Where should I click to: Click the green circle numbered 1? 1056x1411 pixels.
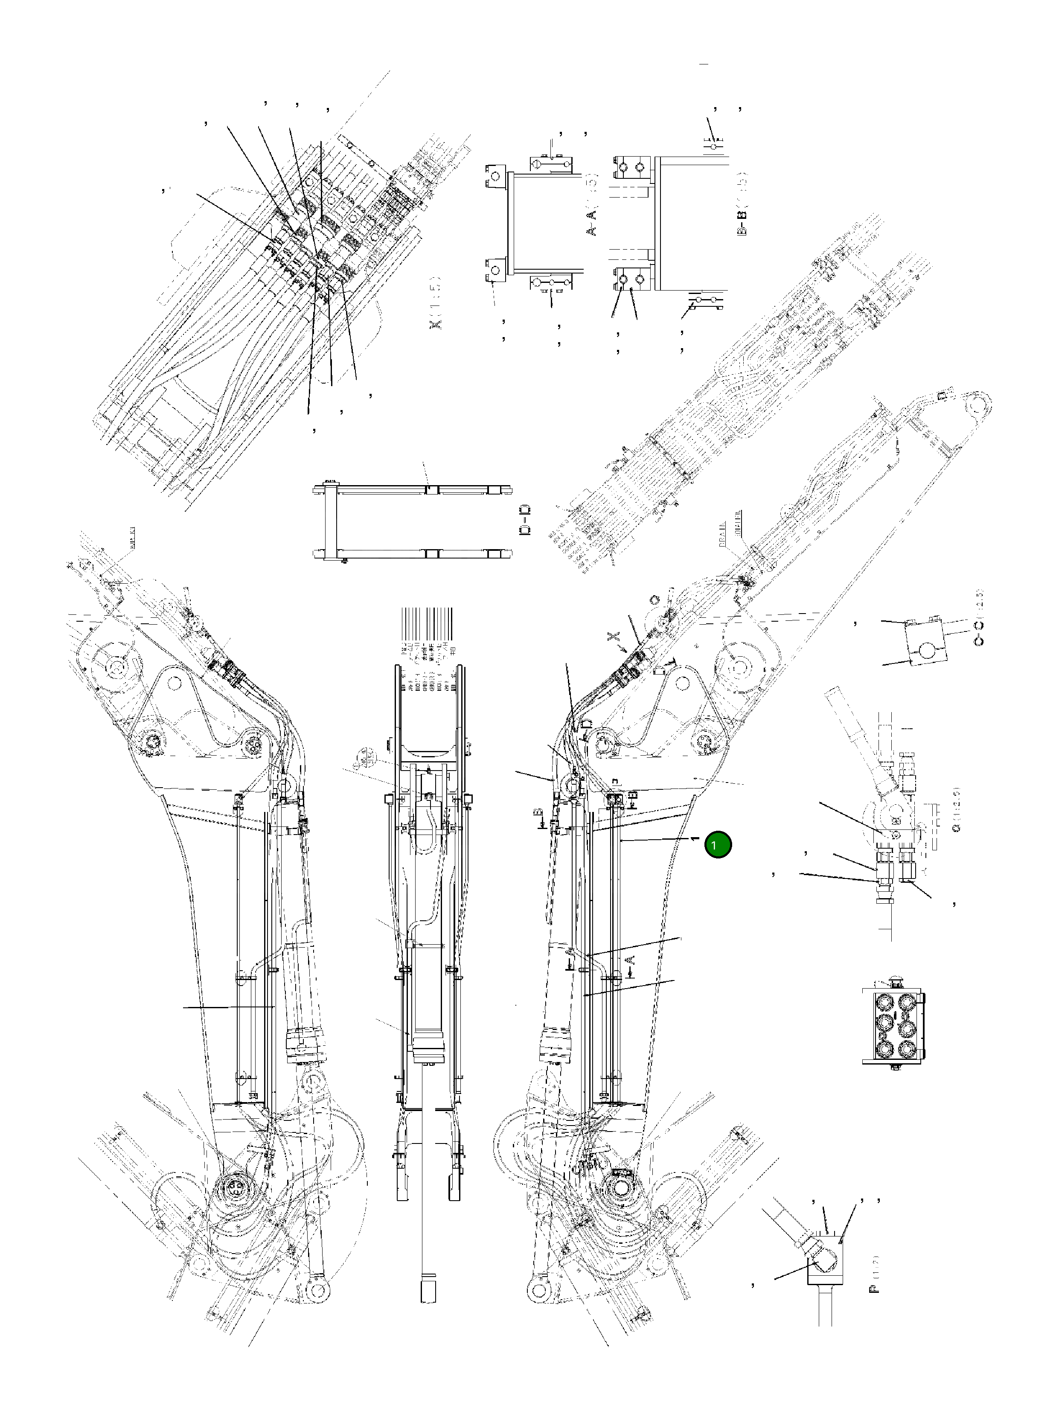tap(718, 844)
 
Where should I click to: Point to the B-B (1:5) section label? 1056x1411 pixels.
tap(742, 203)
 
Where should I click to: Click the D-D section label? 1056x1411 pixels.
tap(527, 520)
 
